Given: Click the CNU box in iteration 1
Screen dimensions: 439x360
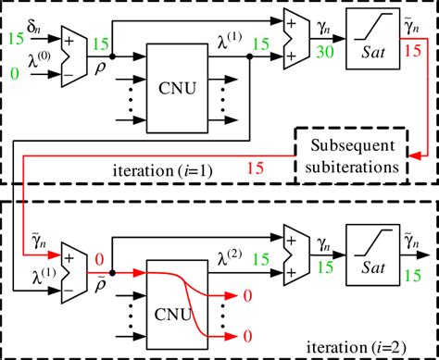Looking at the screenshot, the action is coord(177,88).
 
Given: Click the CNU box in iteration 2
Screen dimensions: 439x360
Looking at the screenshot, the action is coord(177,304).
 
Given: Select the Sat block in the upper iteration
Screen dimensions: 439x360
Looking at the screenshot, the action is coord(373,39).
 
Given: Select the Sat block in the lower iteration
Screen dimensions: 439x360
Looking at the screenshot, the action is coord(373,254).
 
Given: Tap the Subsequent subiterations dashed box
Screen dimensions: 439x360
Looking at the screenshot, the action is coord(352,155).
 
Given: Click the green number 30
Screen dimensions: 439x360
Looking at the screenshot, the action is coord(325,52).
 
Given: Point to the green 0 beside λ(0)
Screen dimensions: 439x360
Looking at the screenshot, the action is coord(15,74).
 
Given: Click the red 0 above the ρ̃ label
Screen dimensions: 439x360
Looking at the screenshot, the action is coord(99,259).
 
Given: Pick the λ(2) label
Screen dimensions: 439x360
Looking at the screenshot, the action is coord(230,257).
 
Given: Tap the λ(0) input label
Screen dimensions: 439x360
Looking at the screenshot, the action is coord(39,60).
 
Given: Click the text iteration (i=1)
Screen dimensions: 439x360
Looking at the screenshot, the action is coord(163,170).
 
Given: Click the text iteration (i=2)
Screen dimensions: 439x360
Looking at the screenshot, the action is coord(356,347).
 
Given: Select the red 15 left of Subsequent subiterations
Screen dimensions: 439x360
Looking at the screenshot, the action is coord(256,168).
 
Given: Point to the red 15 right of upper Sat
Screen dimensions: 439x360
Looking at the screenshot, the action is coord(412,51).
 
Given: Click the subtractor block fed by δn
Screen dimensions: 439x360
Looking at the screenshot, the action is coord(74,56).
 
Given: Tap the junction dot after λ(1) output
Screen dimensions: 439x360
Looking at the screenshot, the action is coord(250,56).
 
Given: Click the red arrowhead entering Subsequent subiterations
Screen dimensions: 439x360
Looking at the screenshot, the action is coord(414,155).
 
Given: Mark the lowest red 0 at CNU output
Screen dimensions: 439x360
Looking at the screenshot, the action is coord(247,336).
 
